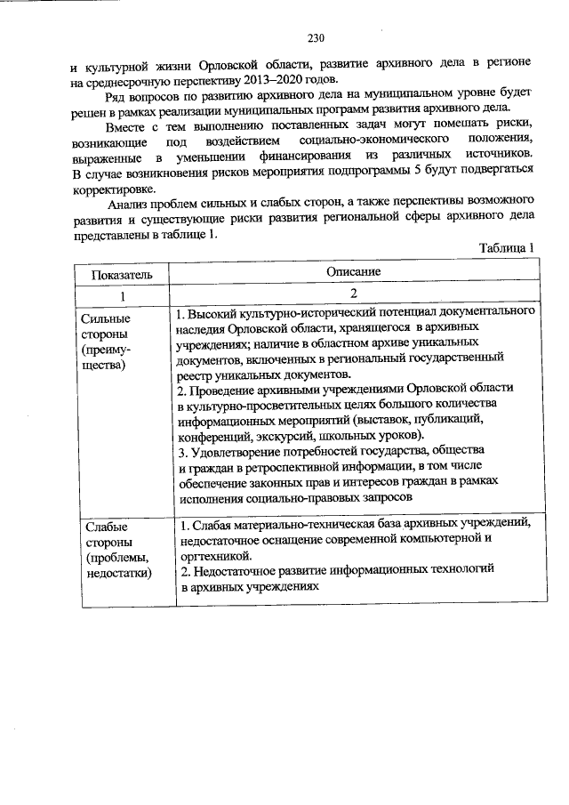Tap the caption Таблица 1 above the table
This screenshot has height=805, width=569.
(504, 246)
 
